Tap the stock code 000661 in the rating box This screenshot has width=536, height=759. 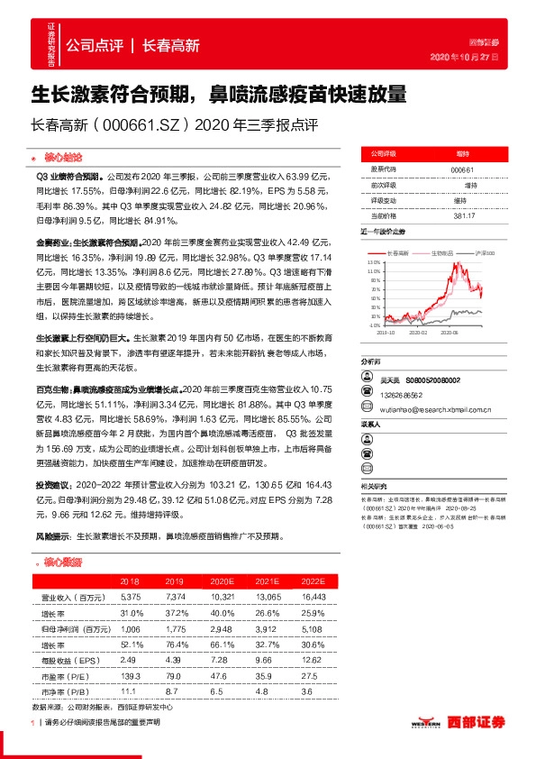462,169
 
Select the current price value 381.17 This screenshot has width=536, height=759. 462,215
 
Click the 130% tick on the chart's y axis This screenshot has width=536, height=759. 374,262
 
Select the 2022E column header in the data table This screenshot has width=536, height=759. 313,582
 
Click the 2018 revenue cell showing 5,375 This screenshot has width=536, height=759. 131,598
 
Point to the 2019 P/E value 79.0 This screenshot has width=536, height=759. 176,676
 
